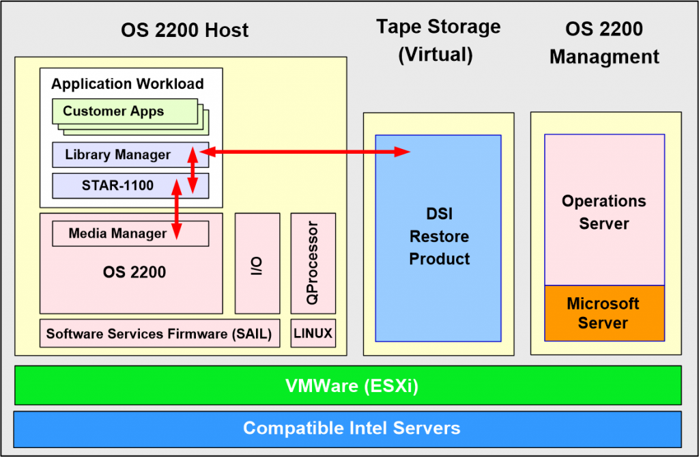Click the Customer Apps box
[125, 111]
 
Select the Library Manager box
[130, 155]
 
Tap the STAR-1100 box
[130, 186]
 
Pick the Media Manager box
[130, 234]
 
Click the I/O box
[257, 263]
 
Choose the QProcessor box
[313, 263]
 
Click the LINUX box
[313, 333]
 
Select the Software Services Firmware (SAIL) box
[160, 333]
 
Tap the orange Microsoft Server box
[604, 314]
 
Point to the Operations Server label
[604, 212]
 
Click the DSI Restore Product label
[439, 236]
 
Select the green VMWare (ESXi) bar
[347, 385]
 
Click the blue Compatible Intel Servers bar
[347, 429]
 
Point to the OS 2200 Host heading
[184, 30]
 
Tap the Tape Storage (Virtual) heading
[438, 40]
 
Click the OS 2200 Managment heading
[604, 43]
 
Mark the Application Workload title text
[128, 84]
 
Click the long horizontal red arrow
[305, 152]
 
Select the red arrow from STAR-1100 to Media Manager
[177, 209]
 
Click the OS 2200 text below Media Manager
[134, 273]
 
